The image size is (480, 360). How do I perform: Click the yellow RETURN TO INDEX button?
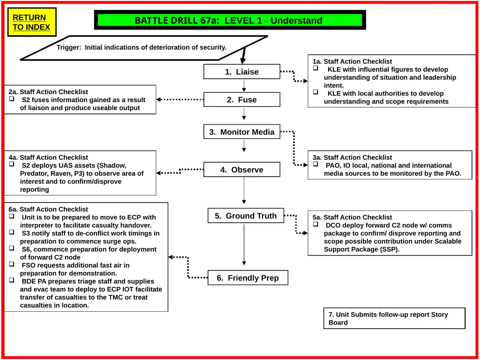(32, 22)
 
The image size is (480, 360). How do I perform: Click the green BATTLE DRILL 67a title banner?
(230, 20)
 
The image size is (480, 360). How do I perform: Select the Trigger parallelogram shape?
(144, 48)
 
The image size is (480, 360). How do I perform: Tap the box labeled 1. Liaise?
(242, 72)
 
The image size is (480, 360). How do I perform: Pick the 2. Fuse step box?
(242, 99)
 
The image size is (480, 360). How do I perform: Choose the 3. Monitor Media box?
(242, 132)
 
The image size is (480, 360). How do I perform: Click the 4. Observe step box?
(242, 170)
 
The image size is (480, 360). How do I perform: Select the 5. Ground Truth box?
(246, 216)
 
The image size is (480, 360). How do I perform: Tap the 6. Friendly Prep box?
(248, 277)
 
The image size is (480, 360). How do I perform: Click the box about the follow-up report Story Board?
(394, 318)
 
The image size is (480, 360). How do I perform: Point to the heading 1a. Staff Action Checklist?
(352, 61)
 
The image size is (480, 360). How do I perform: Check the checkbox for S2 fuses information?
(12, 99)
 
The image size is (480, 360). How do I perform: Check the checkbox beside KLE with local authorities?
(315, 92)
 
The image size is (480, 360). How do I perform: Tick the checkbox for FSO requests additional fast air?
(12, 264)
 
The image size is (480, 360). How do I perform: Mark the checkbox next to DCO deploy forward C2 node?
(315, 224)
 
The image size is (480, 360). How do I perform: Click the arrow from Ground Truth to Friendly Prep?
(244, 244)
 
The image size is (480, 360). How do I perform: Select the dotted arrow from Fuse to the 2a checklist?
(180, 99)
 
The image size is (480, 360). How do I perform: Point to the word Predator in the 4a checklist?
(34, 173)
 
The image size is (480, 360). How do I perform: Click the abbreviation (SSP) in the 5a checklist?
(389, 249)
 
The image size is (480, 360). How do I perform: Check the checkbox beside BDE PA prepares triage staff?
(12, 280)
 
